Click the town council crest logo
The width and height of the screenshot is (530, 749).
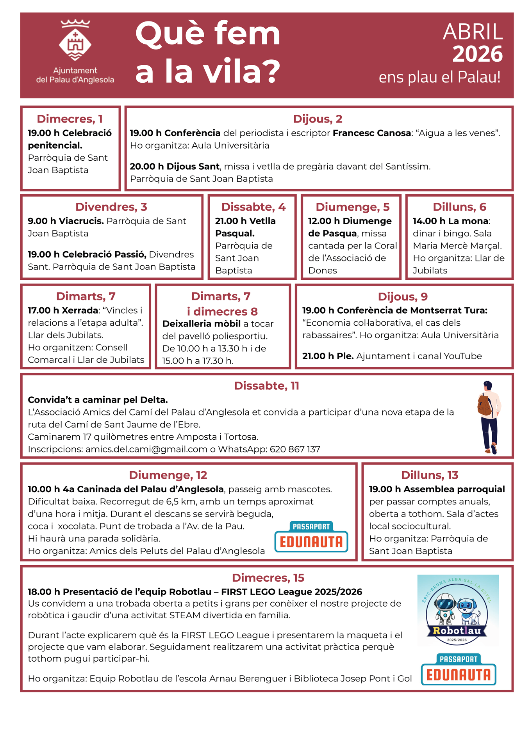[x=75, y=41]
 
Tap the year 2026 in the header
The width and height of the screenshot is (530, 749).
[x=477, y=54]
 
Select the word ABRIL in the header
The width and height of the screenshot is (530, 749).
[x=473, y=32]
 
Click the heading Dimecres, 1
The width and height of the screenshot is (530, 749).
[x=70, y=119]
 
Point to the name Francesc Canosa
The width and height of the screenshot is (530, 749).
[x=371, y=133]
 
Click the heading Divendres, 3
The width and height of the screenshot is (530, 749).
[x=111, y=207]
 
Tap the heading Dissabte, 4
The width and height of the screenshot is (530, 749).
[x=253, y=207]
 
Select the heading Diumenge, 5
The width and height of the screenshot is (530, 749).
[x=352, y=207]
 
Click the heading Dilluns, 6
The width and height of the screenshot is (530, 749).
[x=459, y=207]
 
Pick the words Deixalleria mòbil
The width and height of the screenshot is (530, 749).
[x=201, y=324]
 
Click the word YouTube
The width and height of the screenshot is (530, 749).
[x=462, y=356]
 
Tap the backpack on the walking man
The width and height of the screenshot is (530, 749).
[x=485, y=405]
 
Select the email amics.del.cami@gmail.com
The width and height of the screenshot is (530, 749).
[x=146, y=449]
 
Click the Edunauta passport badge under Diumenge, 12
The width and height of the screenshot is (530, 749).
[x=311, y=537]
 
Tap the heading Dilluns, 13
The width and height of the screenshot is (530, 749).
[x=430, y=475]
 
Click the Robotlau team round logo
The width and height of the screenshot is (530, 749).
[x=457, y=610]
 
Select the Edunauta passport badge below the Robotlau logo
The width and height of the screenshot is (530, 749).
[x=459, y=669]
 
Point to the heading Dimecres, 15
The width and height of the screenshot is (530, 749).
[x=268, y=578]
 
